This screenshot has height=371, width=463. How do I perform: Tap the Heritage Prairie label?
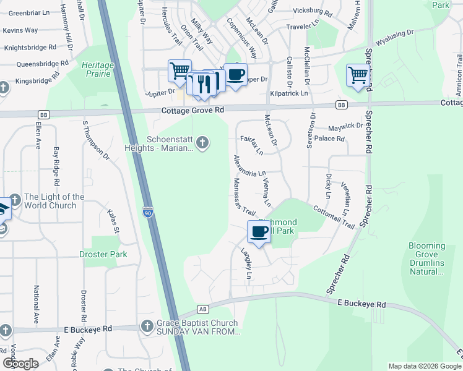click(x=98, y=69)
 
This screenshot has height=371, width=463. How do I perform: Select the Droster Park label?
click(x=103, y=254)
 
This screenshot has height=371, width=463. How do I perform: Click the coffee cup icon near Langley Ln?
click(x=259, y=232)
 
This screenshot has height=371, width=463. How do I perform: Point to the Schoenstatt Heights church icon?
click(x=202, y=144)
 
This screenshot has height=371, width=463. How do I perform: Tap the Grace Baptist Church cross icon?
click(x=147, y=326)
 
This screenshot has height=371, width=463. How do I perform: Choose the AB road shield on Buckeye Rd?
click(x=202, y=309)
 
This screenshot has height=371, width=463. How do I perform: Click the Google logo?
click(x=20, y=364)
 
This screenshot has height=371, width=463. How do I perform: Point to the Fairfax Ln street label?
click(x=252, y=145)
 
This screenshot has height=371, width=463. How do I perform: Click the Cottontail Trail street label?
click(x=334, y=217)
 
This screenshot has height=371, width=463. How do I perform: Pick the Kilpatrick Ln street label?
click(x=289, y=93)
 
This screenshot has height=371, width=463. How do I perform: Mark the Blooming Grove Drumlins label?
click(x=426, y=258)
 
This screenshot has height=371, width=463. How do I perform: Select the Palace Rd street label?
click(x=329, y=139)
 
